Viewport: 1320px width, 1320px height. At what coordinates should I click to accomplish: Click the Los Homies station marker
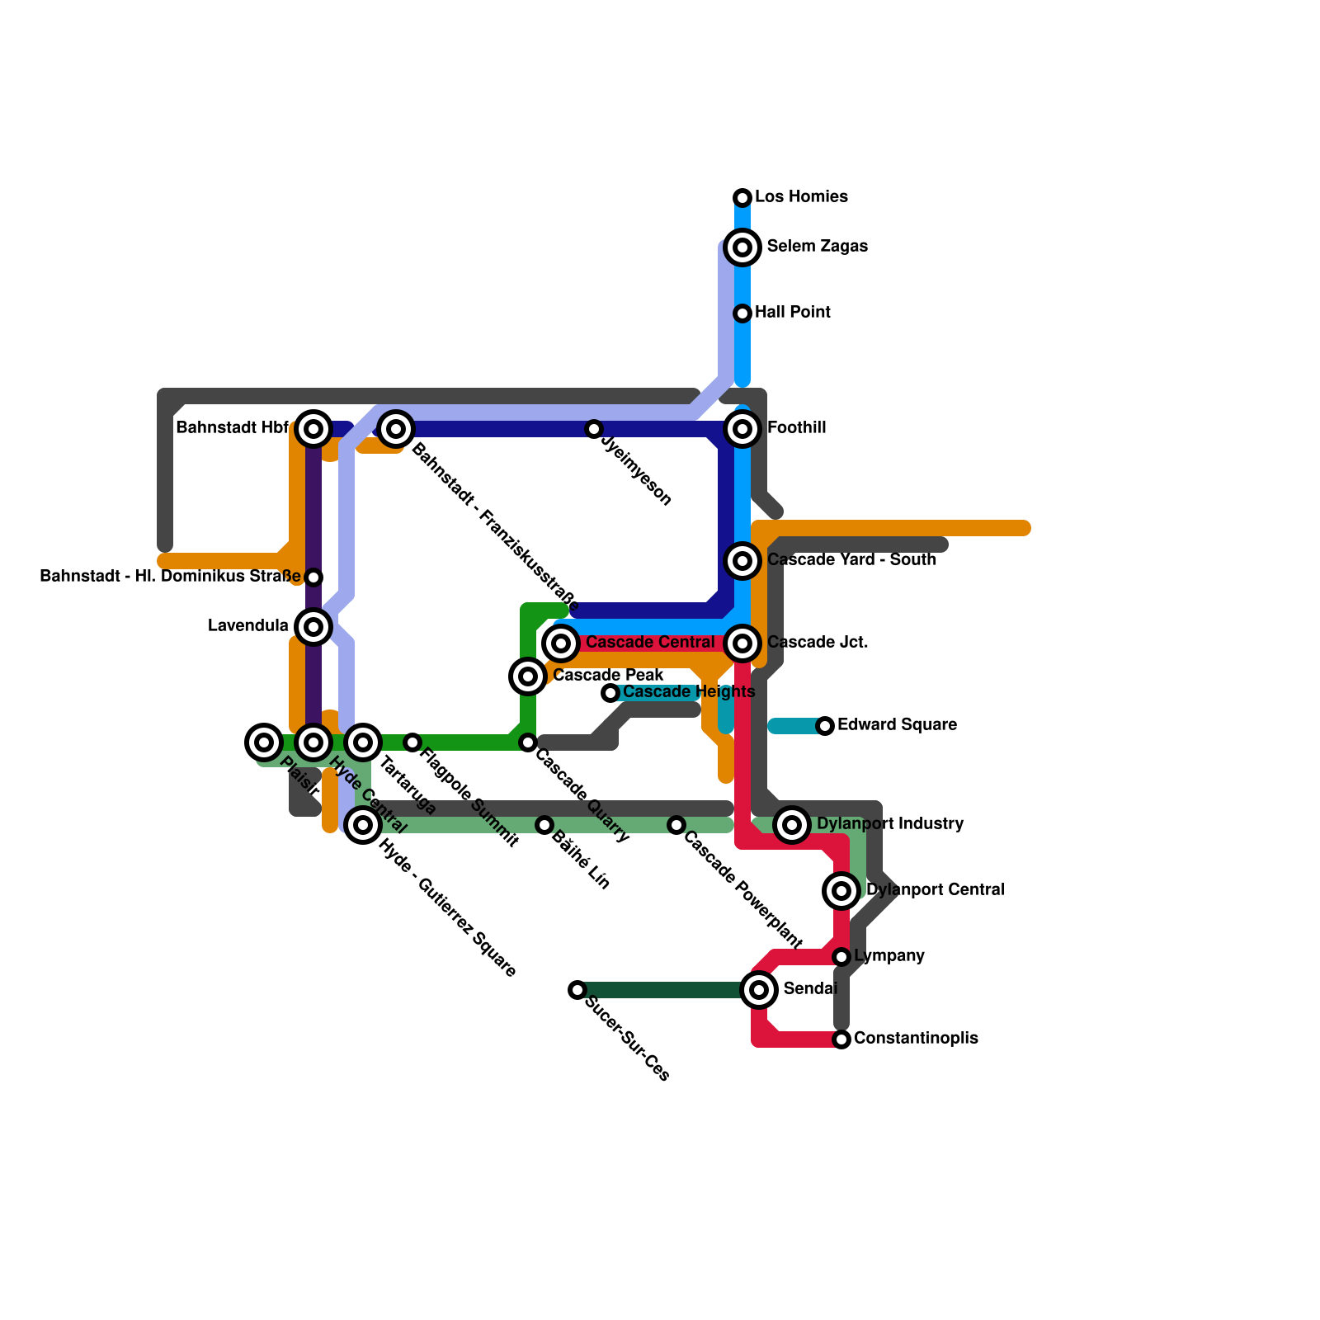click(742, 198)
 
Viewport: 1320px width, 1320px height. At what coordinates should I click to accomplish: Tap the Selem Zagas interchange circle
click(742, 247)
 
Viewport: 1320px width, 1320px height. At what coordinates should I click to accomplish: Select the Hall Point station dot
click(742, 313)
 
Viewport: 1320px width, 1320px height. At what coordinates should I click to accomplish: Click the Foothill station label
click(796, 428)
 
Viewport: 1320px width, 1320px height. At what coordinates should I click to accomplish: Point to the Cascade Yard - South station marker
click(742, 561)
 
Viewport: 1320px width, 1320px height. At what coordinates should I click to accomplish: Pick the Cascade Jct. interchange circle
click(742, 643)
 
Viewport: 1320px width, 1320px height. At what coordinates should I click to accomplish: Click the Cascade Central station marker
click(561, 643)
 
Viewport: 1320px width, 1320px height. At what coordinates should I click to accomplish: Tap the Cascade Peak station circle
click(528, 676)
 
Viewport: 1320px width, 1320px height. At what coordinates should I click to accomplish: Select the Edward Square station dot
click(825, 726)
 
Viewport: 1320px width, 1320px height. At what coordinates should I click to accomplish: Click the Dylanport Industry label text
click(889, 824)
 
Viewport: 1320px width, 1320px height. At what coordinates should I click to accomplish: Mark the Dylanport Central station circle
click(841, 891)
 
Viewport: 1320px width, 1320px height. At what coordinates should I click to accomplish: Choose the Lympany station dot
click(841, 957)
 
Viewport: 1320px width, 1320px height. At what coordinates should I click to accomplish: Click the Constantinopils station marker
click(841, 1039)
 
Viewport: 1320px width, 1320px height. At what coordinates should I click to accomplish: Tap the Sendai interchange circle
click(759, 990)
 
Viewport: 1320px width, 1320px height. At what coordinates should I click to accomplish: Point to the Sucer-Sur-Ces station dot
click(577, 990)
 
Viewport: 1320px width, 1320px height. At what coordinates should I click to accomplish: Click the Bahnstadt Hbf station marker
click(313, 429)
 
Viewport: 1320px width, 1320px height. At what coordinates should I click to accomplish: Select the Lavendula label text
click(248, 626)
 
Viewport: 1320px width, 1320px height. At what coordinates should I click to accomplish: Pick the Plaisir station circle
click(264, 742)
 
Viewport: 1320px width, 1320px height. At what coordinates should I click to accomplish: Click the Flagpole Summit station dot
click(412, 742)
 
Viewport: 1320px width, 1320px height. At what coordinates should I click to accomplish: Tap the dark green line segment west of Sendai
click(660, 990)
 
